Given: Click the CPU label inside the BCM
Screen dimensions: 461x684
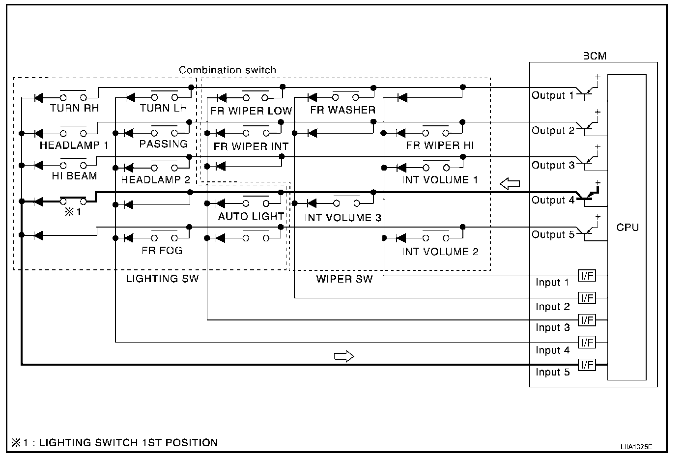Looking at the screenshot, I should tap(627, 228).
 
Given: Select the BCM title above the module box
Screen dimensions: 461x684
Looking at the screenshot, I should tap(595, 56).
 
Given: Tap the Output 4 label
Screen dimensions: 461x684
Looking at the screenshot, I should tap(552, 201).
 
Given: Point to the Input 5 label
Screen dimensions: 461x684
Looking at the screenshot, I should tap(552, 372).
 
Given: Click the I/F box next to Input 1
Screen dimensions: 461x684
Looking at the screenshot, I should tap(587, 276).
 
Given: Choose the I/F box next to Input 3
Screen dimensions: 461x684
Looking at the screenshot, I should tap(587, 320).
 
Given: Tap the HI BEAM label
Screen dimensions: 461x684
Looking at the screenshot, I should tap(74, 176).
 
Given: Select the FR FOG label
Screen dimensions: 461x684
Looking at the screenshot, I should tap(162, 251).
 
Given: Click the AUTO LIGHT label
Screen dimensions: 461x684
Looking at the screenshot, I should tap(251, 216).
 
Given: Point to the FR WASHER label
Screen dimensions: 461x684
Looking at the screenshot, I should tap(342, 110).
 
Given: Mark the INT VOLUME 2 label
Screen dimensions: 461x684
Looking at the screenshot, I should tap(440, 252).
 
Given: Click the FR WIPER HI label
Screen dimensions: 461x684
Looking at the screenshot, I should tap(440, 146).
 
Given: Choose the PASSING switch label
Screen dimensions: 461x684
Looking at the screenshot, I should tap(163, 144).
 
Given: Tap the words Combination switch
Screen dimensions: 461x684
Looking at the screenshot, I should tap(227, 70).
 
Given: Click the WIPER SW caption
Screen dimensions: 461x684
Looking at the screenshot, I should tap(344, 280).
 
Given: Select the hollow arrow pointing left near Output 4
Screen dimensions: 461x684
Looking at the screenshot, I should tap(510, 184).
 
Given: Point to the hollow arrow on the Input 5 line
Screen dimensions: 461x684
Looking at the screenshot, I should tap(344, 356).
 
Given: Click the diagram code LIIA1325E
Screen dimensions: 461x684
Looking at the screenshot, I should tap(636, 447).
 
